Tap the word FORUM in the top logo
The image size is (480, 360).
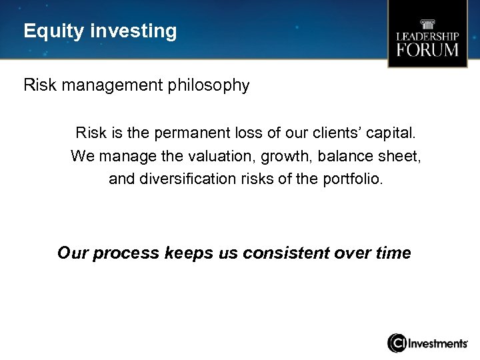[x=427, y=50]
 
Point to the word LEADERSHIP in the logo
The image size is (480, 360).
[x=427, y=35]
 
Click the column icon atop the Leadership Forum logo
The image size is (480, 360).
[x=427, y=21]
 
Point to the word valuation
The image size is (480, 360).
[x=207, y=156]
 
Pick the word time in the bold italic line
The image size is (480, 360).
[x=393, y=253]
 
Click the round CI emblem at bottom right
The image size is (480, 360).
[x=397, y=343]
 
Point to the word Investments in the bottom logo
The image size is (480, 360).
[x=437, y=343]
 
